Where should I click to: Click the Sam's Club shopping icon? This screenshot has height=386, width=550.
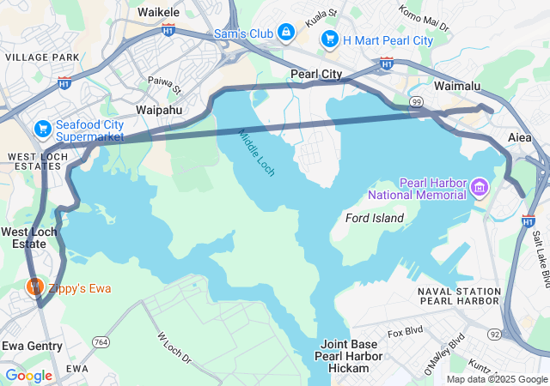(x=286, y=33)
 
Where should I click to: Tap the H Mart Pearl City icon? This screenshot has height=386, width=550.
(x=330, y=39)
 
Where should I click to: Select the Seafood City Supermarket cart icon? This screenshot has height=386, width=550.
(x=42, y=129)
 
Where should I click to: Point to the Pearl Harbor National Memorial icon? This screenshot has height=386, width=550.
(x=479, y=186)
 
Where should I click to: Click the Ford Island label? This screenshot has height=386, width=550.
(x=374, y=218)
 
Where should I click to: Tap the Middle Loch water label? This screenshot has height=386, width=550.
(x=257, y=154)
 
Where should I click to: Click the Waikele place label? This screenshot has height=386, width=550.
(x=159, y=13)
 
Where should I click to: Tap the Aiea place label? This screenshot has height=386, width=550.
(x=520, y=137)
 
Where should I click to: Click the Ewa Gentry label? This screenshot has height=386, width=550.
(x=32, y=346)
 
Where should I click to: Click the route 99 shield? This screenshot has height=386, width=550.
(x=417, y=102)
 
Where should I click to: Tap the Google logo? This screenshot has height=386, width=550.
(x=28, y=375)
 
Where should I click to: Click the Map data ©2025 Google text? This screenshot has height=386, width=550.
(x=496, y=379)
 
